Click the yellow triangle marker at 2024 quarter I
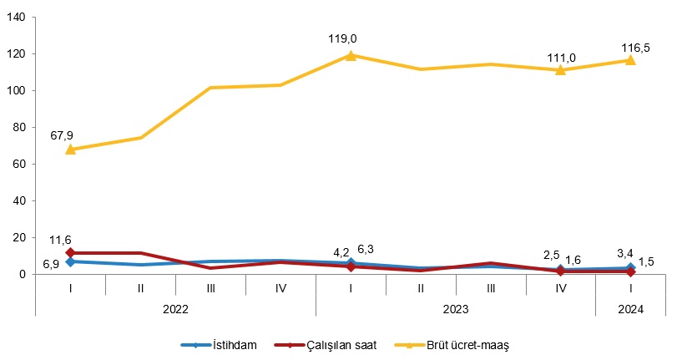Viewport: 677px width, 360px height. coord(630,60)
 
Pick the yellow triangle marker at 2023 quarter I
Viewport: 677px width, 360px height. coord(351,55)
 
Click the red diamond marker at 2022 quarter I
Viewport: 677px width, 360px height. coord(71,252)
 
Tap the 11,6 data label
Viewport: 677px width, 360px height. coord(60,241)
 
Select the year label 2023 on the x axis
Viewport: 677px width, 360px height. coord(456,307)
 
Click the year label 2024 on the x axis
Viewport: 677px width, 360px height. coord(630,307)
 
